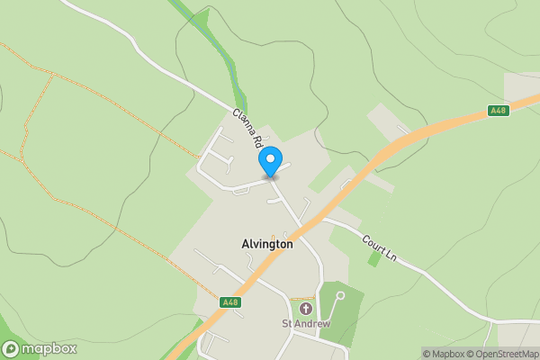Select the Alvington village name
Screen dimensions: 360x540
tap(267, 244)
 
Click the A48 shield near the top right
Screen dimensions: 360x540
tap(498, 111)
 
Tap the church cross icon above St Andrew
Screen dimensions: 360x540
tap(305, 309)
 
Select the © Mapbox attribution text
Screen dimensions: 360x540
tap(445, 354)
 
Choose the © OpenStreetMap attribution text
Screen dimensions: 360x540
tap(504, 354)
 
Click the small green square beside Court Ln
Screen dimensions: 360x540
tap(373, 259)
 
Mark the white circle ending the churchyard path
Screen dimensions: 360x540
tap(339, 294)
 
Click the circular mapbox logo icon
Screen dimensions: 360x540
tap(11, 348)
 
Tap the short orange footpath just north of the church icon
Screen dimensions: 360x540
tap(302, 298)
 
